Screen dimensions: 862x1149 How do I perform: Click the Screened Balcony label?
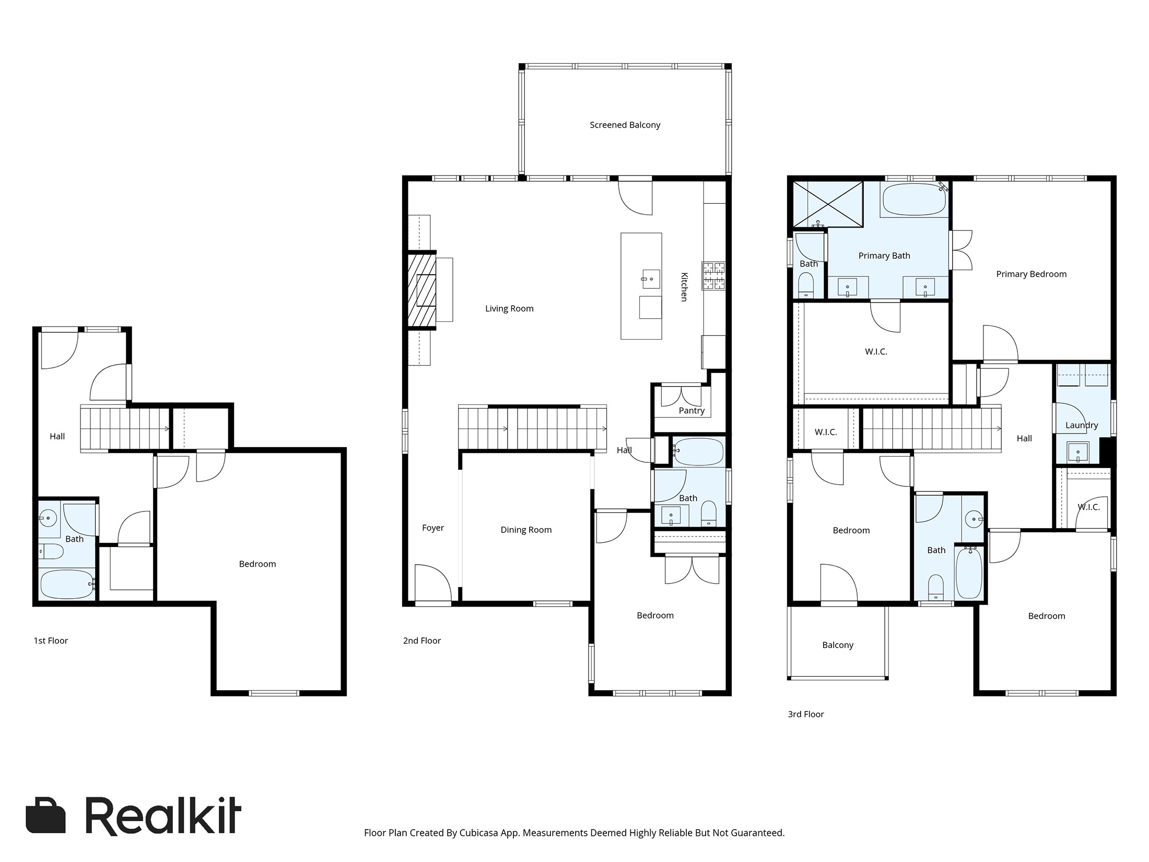tap(625, 125)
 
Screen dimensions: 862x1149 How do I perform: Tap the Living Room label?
tap(509, 308)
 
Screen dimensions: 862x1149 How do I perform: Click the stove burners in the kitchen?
tap(713, 276)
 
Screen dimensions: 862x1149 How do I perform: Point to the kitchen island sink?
tap(651, 279)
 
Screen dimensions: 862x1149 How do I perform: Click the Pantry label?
tap(691, 411)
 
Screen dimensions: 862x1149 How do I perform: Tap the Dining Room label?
tap(526, 530)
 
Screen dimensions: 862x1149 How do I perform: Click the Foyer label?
tap(433, 528)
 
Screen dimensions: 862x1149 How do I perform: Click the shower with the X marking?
tap(828, 204)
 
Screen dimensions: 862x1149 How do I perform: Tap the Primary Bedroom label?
tap(1031, 274)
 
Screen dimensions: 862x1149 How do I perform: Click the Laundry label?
tap(1082, 425)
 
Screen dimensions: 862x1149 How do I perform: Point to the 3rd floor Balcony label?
tap(838, 645)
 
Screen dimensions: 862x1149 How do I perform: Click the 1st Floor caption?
tap(51, 640)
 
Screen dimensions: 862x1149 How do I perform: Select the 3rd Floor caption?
tap(805, 714)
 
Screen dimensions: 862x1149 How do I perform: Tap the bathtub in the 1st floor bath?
tap(66, 584)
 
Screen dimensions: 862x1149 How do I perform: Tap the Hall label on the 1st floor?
tap(57, 436)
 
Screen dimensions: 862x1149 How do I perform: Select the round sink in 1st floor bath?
tap(49, 519)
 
